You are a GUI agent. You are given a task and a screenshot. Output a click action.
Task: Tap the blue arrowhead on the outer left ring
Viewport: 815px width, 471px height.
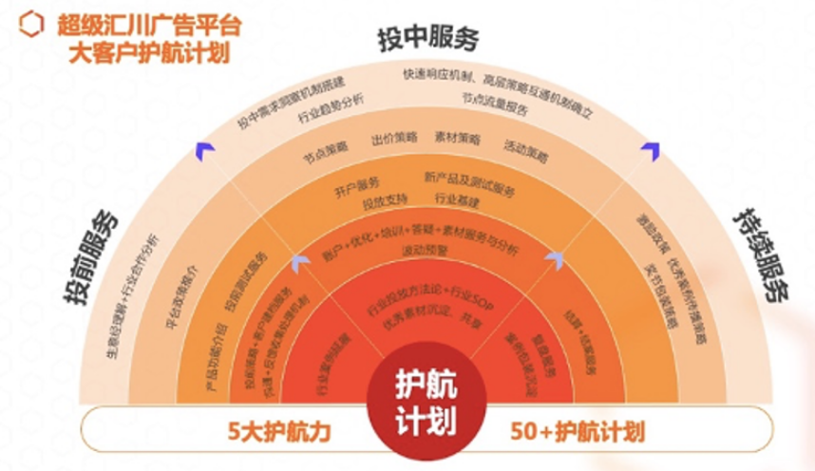[201, 144]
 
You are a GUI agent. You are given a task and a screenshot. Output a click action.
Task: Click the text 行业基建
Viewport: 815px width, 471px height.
[457, 200]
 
